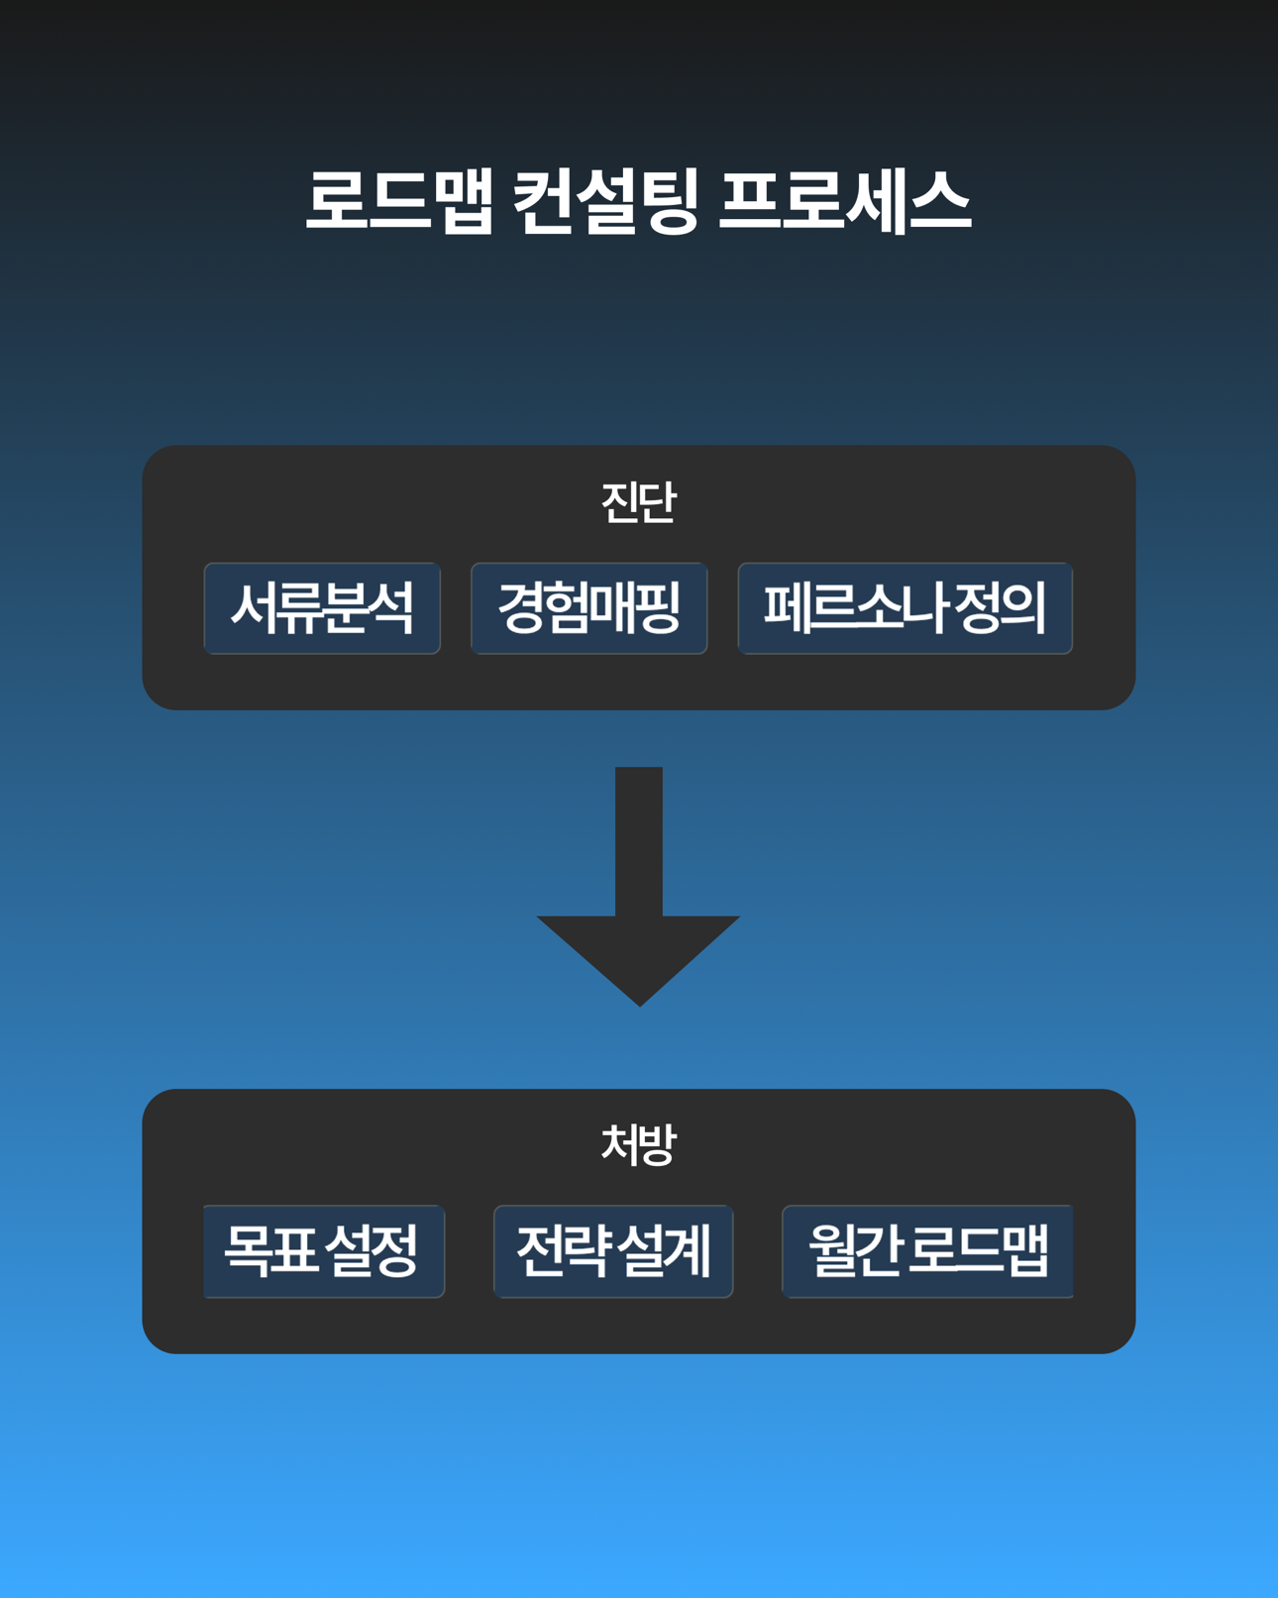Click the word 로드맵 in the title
coord(398,201)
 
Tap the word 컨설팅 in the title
coord(605,201)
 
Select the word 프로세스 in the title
coord(844,201)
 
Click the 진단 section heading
coord(639,502)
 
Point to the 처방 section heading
coord(639,1145)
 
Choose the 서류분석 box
coord(322,608)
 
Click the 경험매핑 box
coord(588,608)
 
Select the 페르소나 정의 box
coord(905,608)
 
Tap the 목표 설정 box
coord(323,1251)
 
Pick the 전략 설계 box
coord(613,1251)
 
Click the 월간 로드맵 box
coord(927,1251)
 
